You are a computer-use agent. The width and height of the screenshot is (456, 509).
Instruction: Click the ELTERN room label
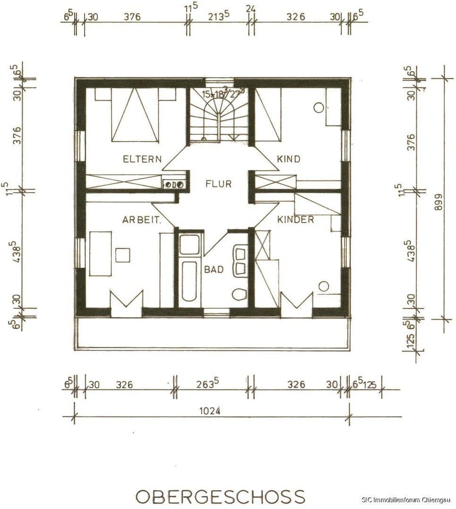coord(142,159)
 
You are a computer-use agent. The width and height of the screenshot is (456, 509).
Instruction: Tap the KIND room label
coord(288,159)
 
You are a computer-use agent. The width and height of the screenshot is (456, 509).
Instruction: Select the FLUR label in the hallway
coord(219,184)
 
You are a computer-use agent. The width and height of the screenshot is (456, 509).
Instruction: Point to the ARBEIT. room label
coord(142,220)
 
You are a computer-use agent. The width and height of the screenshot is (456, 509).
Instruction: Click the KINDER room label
coord(296,220)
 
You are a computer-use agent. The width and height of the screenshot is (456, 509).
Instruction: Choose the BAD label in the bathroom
coord(214,270)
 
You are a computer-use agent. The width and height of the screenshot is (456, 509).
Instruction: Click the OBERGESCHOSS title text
coord(220,496)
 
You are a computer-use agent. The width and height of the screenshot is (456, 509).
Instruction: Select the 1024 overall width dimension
coord(210,411)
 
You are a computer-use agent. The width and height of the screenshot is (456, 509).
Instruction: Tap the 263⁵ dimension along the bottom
coord(210,384)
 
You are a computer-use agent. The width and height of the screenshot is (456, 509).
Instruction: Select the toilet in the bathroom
coord(239,295)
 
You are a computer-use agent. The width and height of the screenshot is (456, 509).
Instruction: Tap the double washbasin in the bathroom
coord(240,262)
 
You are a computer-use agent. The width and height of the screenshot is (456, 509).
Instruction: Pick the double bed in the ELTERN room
coord(135,115)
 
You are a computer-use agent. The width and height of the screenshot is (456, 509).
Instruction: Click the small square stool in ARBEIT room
coord(123,255)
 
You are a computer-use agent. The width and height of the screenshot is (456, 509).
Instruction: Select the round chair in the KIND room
coord(319,107)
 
